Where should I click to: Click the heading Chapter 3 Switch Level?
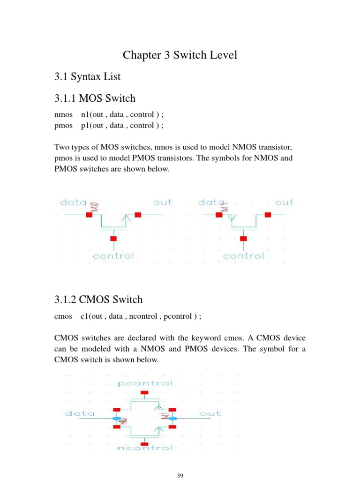pyautogui.click(x=180, y=55)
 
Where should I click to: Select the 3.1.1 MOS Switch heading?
pyautogui.click(x=95, y=98)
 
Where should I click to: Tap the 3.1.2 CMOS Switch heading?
pyautogui.click(x=99, y=300)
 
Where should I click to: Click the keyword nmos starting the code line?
pyautogui.click(x=63, y=114)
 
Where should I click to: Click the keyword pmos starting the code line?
pyautogui.click(x=64, y=125)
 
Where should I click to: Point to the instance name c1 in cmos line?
pyautogui.click(x=85, y=316)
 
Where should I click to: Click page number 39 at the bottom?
pyautogui.click(x=180, y=476)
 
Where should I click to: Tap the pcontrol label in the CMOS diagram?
pyautogui.click(x=146, y=383)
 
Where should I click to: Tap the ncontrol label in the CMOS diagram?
pyautogui.click(x=146, y=448)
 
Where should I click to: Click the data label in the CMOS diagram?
pyautogui.click(x=80, y=414)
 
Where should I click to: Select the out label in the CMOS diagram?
pyautogui.click(x=210, y=414)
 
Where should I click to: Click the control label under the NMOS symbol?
pyautogui.click(x=113, y=256)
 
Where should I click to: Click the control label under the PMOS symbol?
pyautogui.click(x=243, y=256)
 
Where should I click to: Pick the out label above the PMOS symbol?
pyautogui.click(x=284, y=202)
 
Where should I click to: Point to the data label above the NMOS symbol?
pyautogui.click(x=74, y=202)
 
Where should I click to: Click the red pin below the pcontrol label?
pyautogui.click(x=145, y=392)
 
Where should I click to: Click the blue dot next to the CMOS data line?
pyautogui.click(x=116, y=418)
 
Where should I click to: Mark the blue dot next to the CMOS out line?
pyautogui.click(x=172, y=418)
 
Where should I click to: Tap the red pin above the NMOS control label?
pyautogui.click(x=113, y=239)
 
